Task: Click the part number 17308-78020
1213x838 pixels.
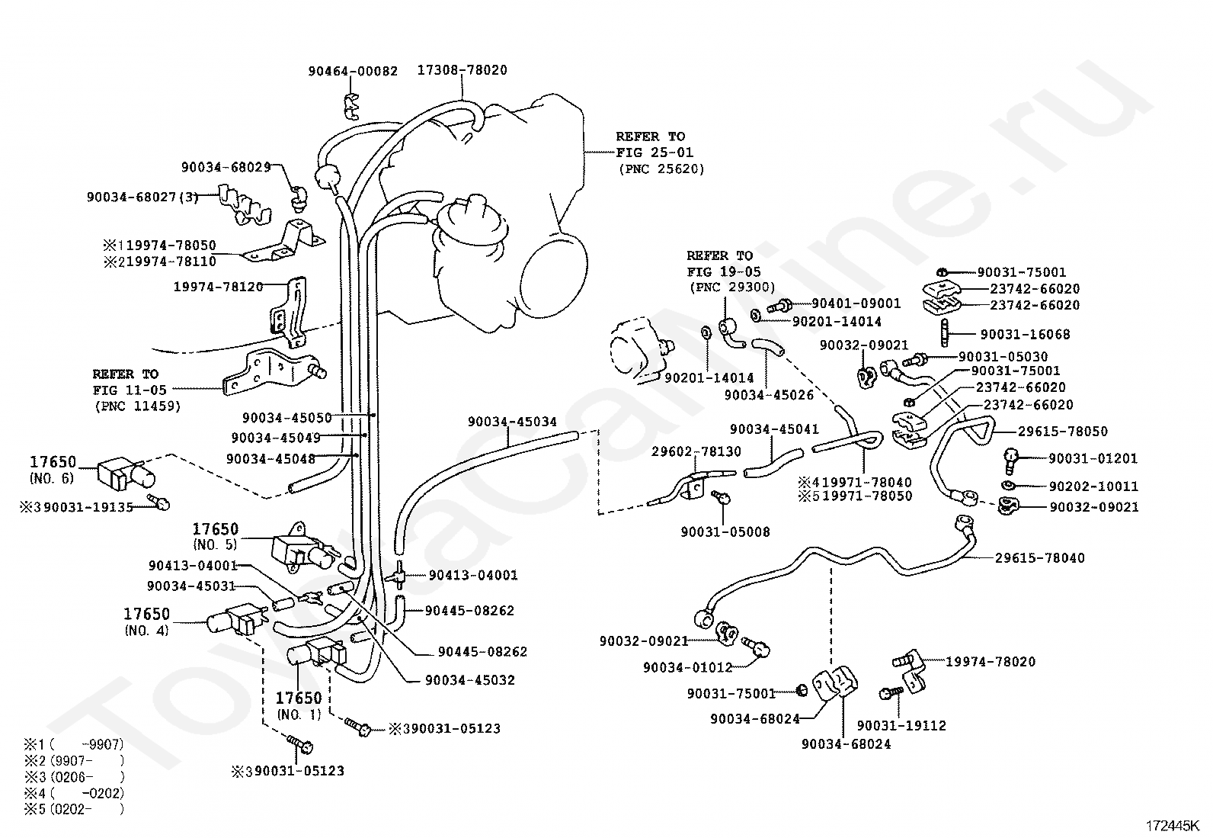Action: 462,70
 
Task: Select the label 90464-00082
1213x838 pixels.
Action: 353,71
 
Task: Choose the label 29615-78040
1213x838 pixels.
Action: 1040,557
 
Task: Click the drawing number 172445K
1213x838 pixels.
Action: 1173,826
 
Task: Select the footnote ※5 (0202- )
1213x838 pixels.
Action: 74,809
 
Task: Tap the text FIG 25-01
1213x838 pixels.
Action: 655,153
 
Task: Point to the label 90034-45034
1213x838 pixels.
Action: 512,421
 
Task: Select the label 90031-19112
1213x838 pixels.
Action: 901,725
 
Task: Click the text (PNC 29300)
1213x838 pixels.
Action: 732,287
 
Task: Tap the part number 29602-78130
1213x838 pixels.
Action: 696,451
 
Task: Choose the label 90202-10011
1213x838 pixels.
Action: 1093,486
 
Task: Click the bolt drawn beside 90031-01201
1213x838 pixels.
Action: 1010,461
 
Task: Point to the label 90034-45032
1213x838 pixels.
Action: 470,679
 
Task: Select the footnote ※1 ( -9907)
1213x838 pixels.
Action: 74,744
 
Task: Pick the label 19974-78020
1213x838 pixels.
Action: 991,661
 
